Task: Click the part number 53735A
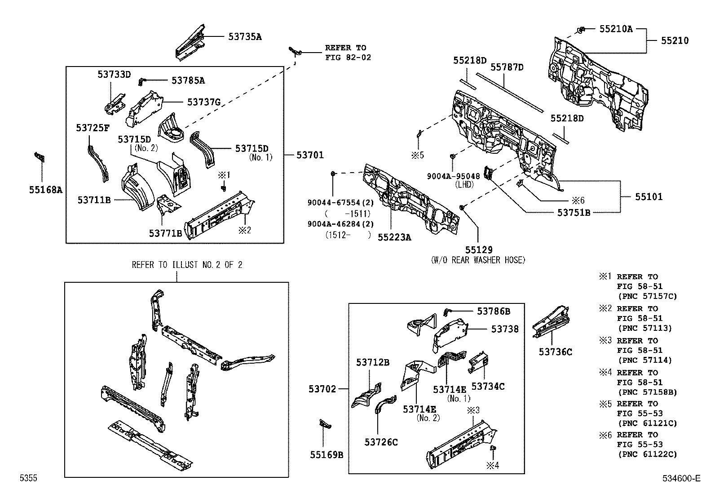(x=244, y=37)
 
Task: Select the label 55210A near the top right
(x=616, y=29)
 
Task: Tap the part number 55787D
(x=507, y=67)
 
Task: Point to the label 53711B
(x=94, y=200)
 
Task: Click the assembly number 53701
(x=310, y=156)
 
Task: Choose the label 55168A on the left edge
(x=45, y=190)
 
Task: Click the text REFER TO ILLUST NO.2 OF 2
(x=187, y=265)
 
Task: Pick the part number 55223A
(x=394, y=237)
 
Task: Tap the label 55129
(x=478, y=250)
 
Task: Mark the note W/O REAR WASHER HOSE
(x=478, y=260)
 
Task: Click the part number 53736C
(x=556, y=352)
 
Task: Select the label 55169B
(x=327, y=455)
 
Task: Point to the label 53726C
(x=381, y=442)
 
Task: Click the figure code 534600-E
(x=680, y=479)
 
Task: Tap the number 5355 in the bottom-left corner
(x=28, y=479)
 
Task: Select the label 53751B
(x=574, y=213)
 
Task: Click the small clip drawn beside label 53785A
(x=141, y=81)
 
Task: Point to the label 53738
(x=505, y=329)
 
